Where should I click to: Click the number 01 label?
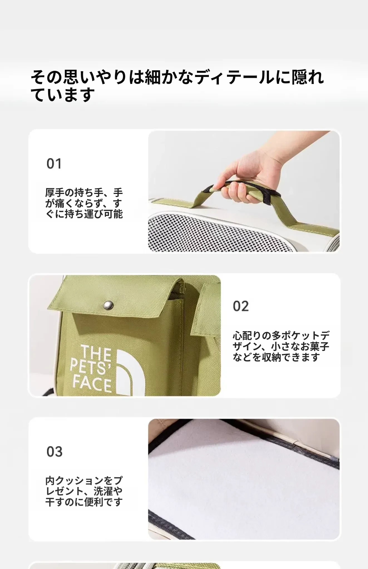[54, 164]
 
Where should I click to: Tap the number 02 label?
[241, 306]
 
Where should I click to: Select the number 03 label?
[55, 451]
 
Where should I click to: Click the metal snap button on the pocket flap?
[108, 306]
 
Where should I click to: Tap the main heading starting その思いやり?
[177, 85]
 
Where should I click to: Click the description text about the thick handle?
[84, 203]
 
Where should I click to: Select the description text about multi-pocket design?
[281, 346]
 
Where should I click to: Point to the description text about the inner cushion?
[84, 491]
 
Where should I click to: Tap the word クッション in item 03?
[79, 481]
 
